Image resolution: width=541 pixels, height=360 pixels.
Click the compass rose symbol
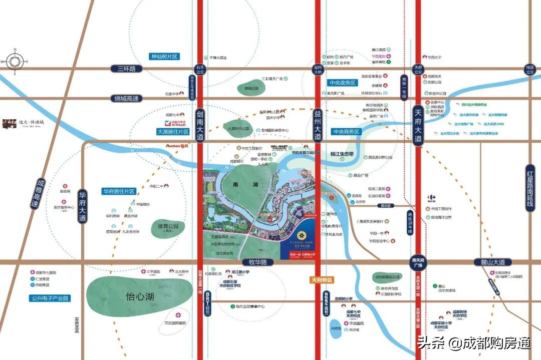tap(15, 61)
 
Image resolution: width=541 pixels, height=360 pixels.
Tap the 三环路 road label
tap(127, 69)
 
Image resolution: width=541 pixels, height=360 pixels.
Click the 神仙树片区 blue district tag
tap(165, 57)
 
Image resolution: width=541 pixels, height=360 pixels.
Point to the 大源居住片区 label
tap(173, 132)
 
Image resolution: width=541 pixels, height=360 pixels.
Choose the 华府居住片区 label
tap(119, 191)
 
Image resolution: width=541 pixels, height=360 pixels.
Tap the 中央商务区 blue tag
tap(346, 132)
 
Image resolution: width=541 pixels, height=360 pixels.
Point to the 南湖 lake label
tap(238, 185)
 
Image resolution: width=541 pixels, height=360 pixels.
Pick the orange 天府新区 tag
tap(322, 279)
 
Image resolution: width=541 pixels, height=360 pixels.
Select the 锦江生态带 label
tap(345, 154)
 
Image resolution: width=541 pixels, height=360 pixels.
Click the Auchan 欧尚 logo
tap(176, 146)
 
